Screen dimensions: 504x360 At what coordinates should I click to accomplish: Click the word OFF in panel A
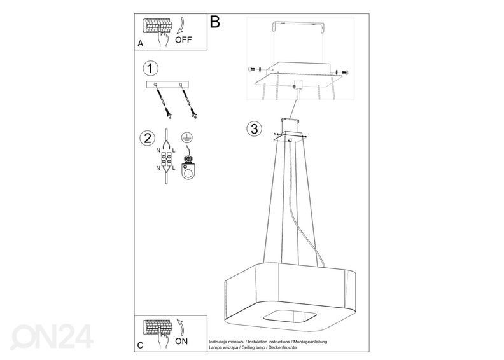tap(183, 40)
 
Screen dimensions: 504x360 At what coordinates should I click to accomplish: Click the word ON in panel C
tap(181, 341)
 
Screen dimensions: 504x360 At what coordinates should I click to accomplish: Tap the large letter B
tap(215, 22)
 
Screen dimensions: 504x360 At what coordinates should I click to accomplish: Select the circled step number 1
tap(150, 69)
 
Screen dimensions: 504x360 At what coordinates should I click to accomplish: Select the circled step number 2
tap(148, 138)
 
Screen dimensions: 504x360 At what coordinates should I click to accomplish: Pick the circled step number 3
tap(255, 128)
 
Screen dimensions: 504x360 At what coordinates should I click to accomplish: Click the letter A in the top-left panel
tap(141, 43)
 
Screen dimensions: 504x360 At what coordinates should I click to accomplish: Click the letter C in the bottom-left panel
tap(140, 345)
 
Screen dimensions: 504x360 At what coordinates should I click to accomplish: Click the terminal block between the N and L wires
tap(166, 158)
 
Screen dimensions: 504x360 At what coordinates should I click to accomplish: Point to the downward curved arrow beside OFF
tap(181, 25)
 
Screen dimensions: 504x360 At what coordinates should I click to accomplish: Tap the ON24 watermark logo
tap(52, 336)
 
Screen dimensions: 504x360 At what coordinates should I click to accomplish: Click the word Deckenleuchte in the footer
tap(283, 347)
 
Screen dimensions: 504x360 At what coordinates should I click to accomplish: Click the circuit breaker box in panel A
tap(157, 26)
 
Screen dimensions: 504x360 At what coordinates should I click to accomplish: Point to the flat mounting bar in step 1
tap(167, 85)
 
